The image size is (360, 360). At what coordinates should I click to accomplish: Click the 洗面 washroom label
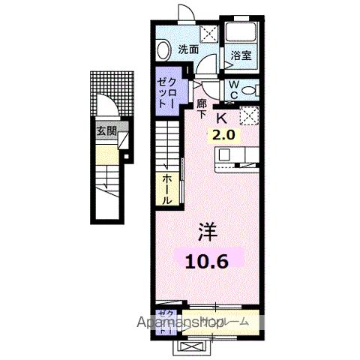[188, 49]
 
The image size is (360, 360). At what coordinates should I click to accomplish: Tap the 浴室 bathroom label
[240, 55]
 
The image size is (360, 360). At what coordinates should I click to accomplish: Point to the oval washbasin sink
[164, 48]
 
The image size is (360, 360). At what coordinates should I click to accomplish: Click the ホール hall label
[166, 190]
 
